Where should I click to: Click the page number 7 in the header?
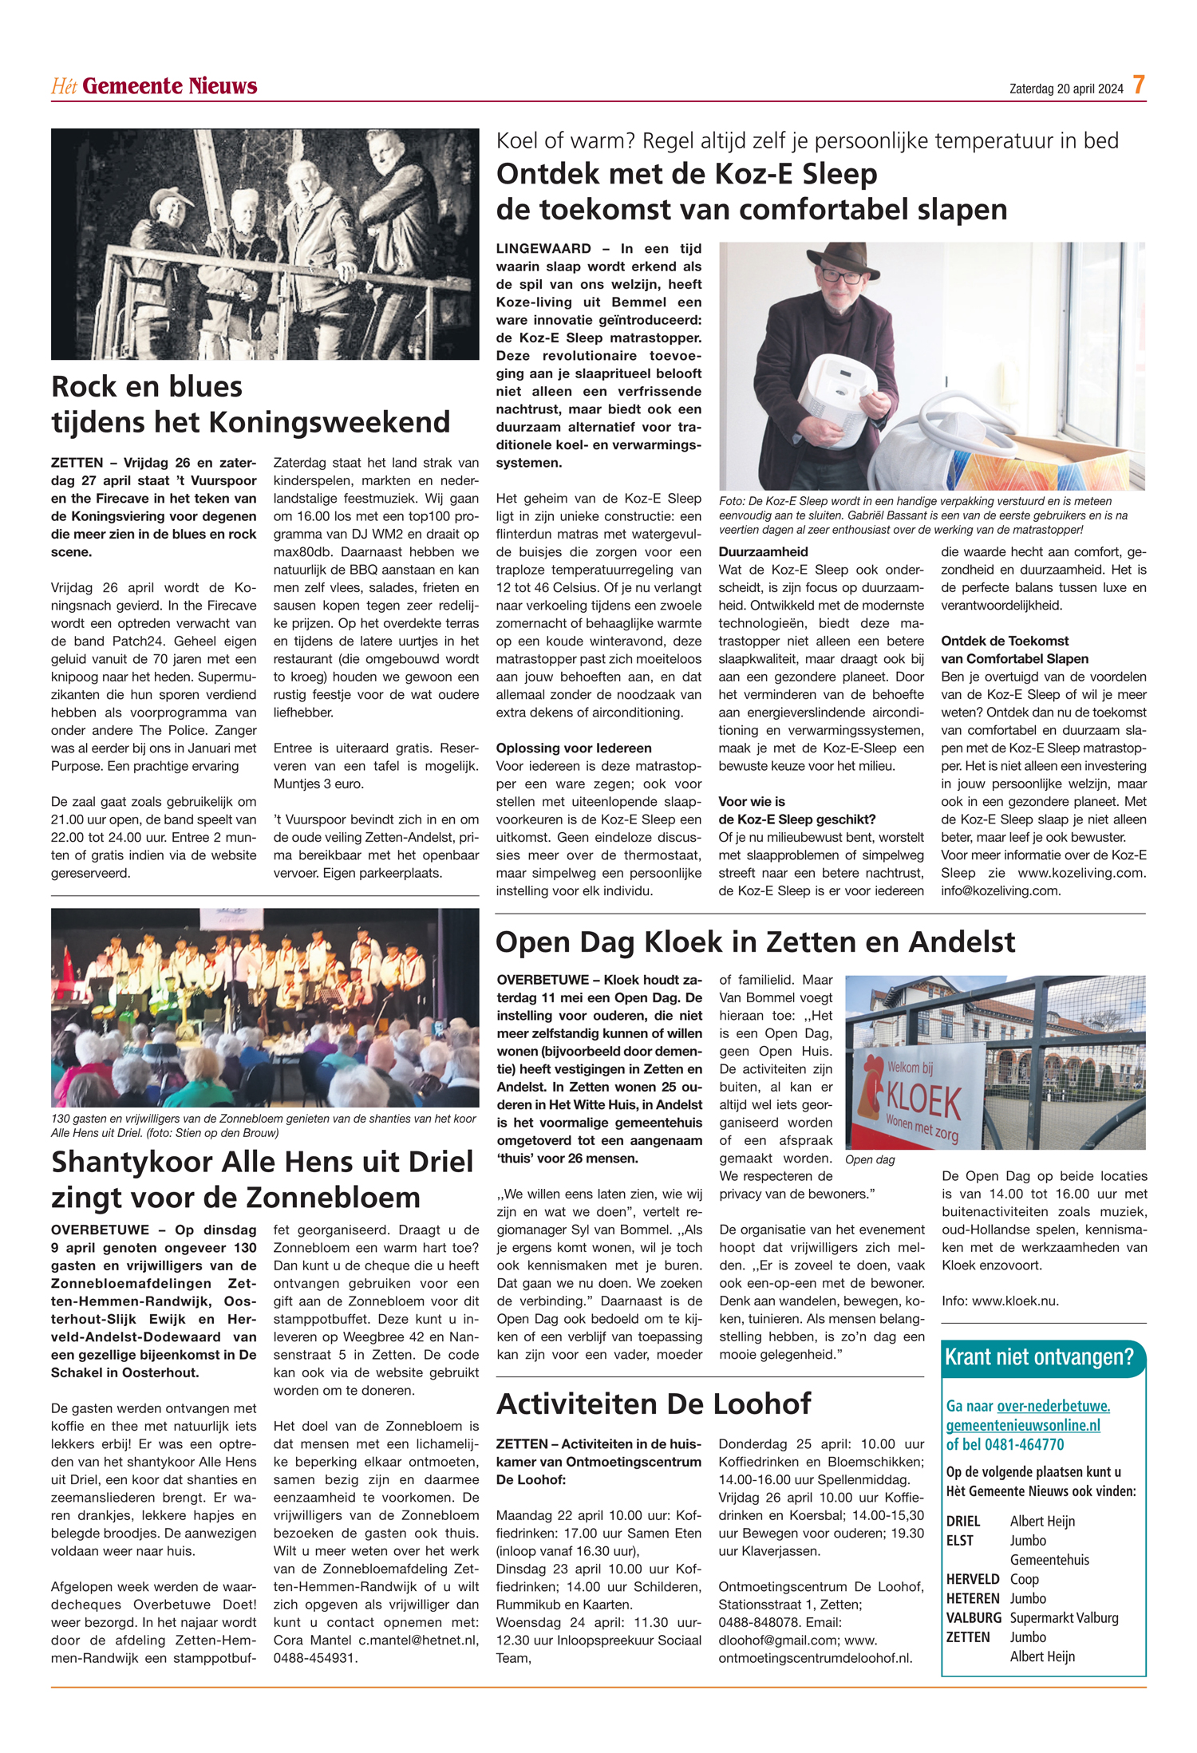(1139, 85)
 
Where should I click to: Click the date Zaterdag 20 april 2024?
(1065, 89)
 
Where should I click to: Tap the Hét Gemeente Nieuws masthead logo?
(154, 86)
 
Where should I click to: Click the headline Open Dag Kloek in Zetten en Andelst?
(755, 942)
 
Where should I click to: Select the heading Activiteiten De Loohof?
(654, 1404)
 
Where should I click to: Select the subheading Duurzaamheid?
(763, 552)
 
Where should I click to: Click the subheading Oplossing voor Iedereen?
(574, 748)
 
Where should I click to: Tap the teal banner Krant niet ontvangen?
(1039, 1357)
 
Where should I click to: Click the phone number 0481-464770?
(1025, 1444)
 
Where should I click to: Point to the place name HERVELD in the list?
(973, 1579)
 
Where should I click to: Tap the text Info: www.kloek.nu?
(1000, 1301)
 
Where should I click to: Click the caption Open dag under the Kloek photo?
(870, 1160)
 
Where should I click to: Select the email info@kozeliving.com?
(1001, 890)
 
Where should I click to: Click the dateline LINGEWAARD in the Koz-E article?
(543, 249)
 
